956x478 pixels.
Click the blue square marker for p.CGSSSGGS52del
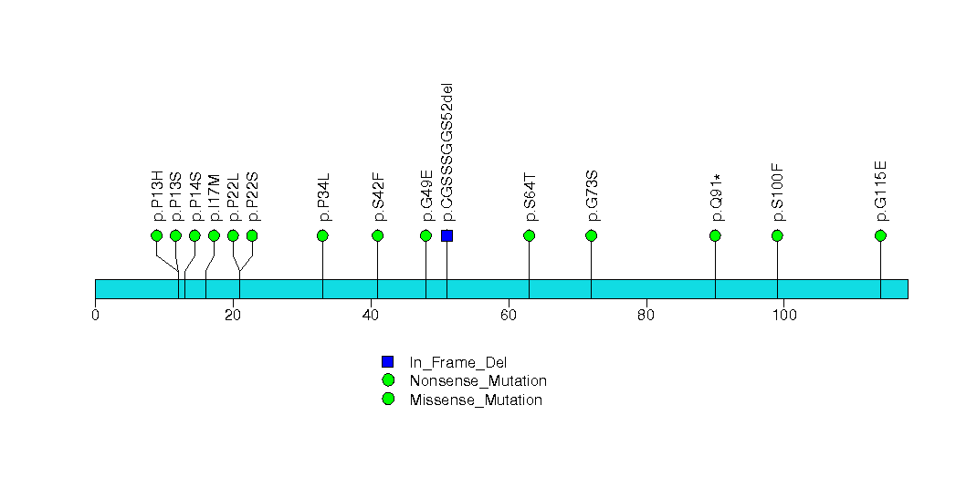(x=446, y=235)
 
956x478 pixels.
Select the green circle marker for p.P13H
(x=156, y=235)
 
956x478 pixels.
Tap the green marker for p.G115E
(x=880, y=235)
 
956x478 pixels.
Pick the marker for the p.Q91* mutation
(x=715, y=235)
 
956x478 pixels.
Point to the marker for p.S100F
(x=777, y=235)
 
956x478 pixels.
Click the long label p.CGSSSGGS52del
(x=446, y=152)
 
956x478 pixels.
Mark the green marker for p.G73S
(x=591, y=235)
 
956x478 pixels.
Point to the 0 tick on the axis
(x=95, y=316)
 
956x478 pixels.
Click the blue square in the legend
(x=388, y=361)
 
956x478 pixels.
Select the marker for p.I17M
(x=214, y=235)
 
